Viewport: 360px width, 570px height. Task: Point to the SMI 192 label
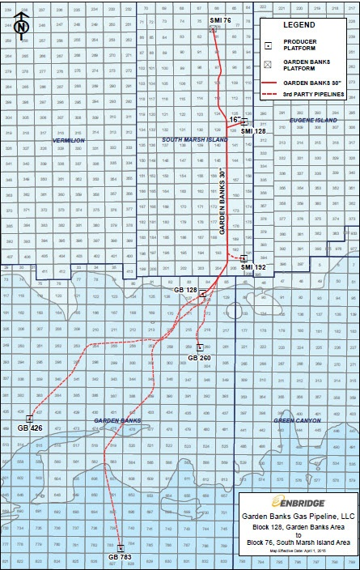tap(254, 266)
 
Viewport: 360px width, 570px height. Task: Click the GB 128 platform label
tap(186, 289)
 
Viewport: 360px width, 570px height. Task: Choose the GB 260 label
tap(199, 357)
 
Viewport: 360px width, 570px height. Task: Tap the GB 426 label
tap(29, 427)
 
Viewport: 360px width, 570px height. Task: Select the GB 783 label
tap(120, 557)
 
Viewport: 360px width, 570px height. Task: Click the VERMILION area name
tap(68, 139)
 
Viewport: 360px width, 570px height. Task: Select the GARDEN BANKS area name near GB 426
tap(117, 420)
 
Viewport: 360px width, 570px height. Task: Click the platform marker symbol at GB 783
tap(121, 547)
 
